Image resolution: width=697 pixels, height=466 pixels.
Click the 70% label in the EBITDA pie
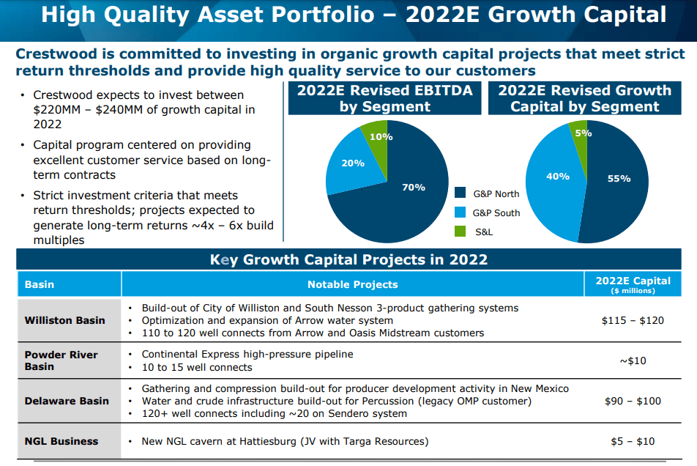[x=413, y=188]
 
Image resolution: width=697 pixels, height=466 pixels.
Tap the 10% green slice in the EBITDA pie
[x=380, y=137]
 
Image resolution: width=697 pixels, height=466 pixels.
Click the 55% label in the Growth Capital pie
[x=619, y=178]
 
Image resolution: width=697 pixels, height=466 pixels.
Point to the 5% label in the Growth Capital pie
[x=583, y=133]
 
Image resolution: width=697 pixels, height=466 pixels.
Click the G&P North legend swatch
[x=460, y=193]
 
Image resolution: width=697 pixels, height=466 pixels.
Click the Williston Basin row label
[x=64, y=320]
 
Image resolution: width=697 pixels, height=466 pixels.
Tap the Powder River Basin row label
[x=61, y=360]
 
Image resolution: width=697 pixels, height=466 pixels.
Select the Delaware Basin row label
[x=66, y=401]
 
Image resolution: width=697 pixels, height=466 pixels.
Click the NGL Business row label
[x=61, y=441]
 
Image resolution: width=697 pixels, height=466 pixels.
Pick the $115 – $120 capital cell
[x=633, y=320]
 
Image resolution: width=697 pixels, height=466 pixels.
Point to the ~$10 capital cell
[x=633, y=360]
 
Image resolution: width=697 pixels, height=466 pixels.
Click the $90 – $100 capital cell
[x=633, y=401]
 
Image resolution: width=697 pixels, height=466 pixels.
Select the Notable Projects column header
[x=352, y=284]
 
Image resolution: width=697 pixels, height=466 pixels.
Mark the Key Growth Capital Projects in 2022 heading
[x=348, y=260]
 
